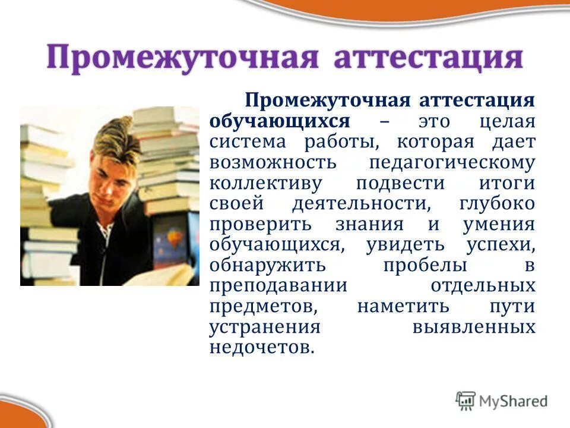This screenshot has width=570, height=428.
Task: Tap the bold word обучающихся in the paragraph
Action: click(279, 121)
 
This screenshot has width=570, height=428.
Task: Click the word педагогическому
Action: click(452, 163)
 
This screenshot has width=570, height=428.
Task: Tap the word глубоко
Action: click(498, 204)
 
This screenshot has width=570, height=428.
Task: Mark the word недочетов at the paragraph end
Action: click(261, 348)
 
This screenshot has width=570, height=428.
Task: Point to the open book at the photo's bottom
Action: click(160, 275)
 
